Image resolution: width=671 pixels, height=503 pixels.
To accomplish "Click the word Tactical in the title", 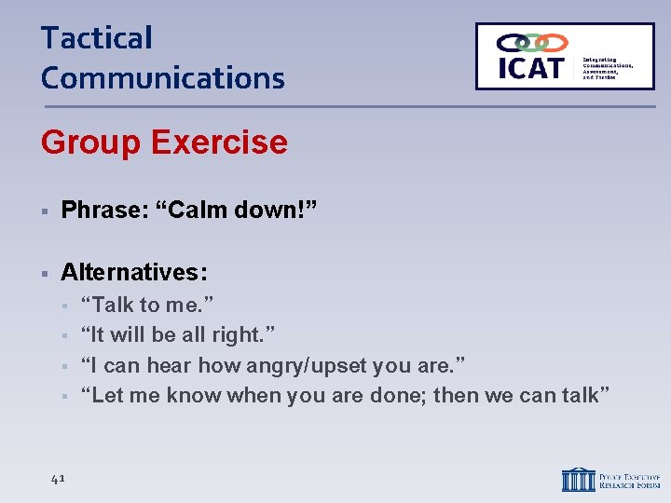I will [96, 39].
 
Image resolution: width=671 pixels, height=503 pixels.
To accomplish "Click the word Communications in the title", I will [163, 78].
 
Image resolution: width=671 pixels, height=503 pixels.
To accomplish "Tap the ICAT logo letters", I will [530, 68].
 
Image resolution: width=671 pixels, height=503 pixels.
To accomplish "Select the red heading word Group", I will [89, 143].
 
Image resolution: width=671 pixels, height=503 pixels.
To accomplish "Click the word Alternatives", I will [134, 272].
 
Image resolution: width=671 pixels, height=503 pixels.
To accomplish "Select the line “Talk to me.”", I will [147, 305].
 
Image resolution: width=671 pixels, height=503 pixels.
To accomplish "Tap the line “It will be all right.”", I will [178, 334].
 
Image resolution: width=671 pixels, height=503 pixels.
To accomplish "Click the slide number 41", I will [57, 478].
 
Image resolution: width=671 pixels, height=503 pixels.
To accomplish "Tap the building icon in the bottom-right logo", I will [577, 479].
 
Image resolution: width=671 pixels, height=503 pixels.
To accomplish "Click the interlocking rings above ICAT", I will [531, 43].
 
